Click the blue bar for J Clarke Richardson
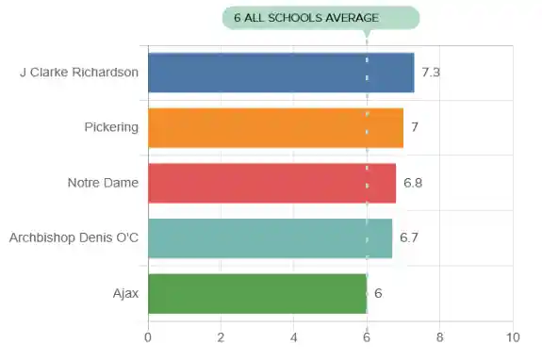coord(281,73)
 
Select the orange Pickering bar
coord(275,127)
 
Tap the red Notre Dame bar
coord(271,183)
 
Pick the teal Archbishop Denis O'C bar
coord(270,237)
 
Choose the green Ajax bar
coord(257,293)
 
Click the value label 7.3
coord(432,73)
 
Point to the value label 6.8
coord(413,183)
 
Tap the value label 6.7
coord(409,237)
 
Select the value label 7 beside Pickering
coord(414,127)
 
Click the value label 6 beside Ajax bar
coord(378,293)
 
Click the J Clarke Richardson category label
coord(79,73)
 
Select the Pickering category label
coord(111,127)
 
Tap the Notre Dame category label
coord(103,183)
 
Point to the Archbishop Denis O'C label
coord(74,237)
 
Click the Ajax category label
coord(124,293)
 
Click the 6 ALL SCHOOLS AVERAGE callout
coord(320,18)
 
